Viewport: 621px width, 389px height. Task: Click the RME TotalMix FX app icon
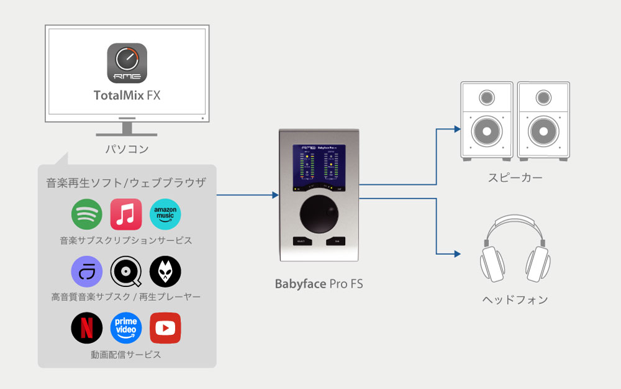pyautogui.click(x=127, y=63)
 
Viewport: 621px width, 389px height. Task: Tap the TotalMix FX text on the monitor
pyautogui.click(x=127, y=95)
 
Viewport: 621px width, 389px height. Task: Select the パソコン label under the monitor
pyautogui.click(x=127, y=149)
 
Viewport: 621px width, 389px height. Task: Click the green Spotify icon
pyautogui.click(x=87, y=214)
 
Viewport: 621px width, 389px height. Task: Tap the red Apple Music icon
pyautogui.click(x=126, y=214)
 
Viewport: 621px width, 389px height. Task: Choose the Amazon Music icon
pyautogui.click(x=165, y=214)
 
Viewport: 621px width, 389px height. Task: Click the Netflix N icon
pyautogui.click(x=87, y=328)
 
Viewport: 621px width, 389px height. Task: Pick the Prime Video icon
pyautogui.click(x=126, y=328)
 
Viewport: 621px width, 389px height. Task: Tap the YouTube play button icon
pyautogui.click(x=165, y=328)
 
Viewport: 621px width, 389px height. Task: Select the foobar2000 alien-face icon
pyautogui.click(x=165, y=272)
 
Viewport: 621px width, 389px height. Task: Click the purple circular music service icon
pyautogui.click(x=87, y=272)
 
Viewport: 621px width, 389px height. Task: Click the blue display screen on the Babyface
pyautogui.click(x=319, y=167)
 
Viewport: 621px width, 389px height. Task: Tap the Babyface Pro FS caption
pyautogui.click(x=319, y=284)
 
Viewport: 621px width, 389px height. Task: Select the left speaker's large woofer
pyautogui.click(x=487, y=131)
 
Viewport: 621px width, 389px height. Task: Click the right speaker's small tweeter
pyautogui.click(x=543, y=98)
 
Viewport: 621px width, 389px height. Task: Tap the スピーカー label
pyautogui.click(x=515, y=178)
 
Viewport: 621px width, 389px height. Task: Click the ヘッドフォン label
pyautogui.click(x=515, y=300)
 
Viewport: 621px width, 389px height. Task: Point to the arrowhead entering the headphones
pyautogui.click(x=458, y=254)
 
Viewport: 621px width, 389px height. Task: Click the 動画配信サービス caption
pyautogui.click(x=126, y=355)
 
